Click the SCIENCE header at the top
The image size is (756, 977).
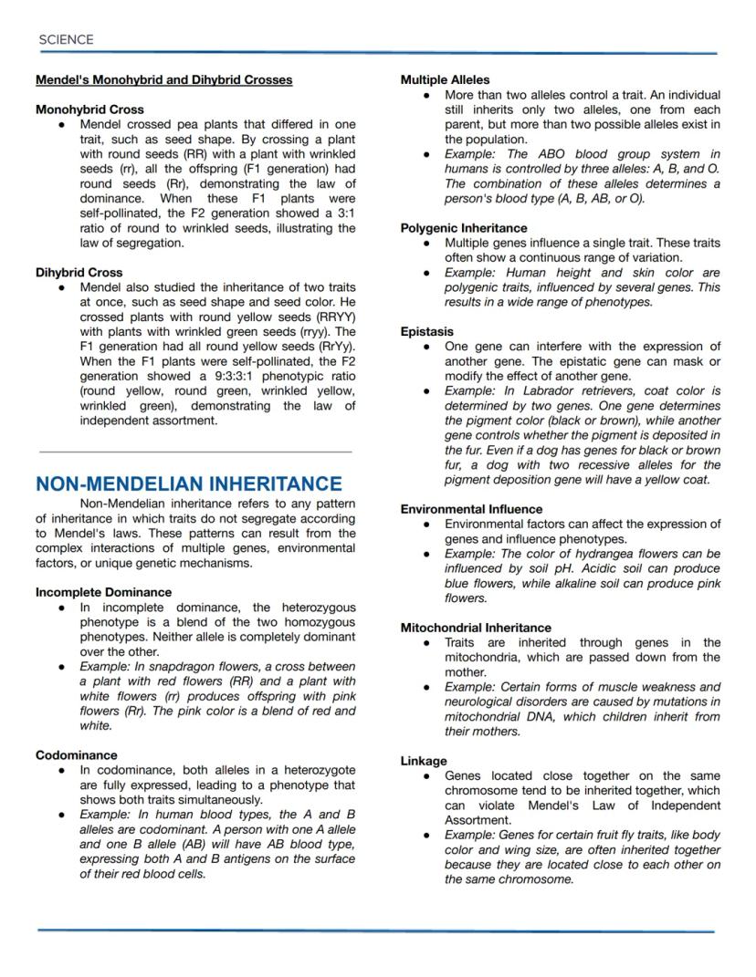[66, 39]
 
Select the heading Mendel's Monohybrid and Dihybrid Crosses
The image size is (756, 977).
[163, 80]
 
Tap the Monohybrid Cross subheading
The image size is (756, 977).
[89, 109]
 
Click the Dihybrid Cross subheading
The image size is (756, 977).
[79, 272]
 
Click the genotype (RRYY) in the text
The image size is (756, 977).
[334, 317]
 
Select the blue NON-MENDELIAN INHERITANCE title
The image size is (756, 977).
[189, 483]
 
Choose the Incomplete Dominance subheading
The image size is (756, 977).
[103, 592]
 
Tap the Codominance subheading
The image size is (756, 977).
[77, 755]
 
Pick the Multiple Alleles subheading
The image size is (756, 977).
[445, 80]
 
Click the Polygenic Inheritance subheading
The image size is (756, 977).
[464, 228]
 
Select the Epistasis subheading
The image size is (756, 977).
[426, 332]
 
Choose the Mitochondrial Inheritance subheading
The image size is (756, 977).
[476, 628]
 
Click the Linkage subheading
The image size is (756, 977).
[424, 761]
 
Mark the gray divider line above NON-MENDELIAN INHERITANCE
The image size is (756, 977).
[194, 451]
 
